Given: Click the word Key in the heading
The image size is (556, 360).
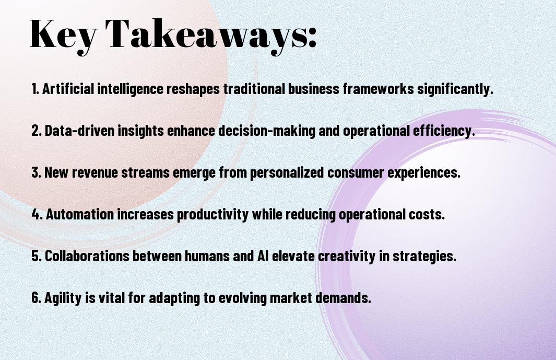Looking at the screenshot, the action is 63,36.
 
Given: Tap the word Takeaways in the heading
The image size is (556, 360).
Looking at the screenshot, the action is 203,36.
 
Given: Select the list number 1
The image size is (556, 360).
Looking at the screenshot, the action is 35,89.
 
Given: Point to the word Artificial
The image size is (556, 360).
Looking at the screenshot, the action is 68,89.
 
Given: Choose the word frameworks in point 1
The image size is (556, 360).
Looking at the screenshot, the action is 378,89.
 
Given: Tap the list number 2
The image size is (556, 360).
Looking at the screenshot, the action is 37,131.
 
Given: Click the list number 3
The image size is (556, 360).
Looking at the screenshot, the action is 36,172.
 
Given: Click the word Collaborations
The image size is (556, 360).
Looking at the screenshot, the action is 87,257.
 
